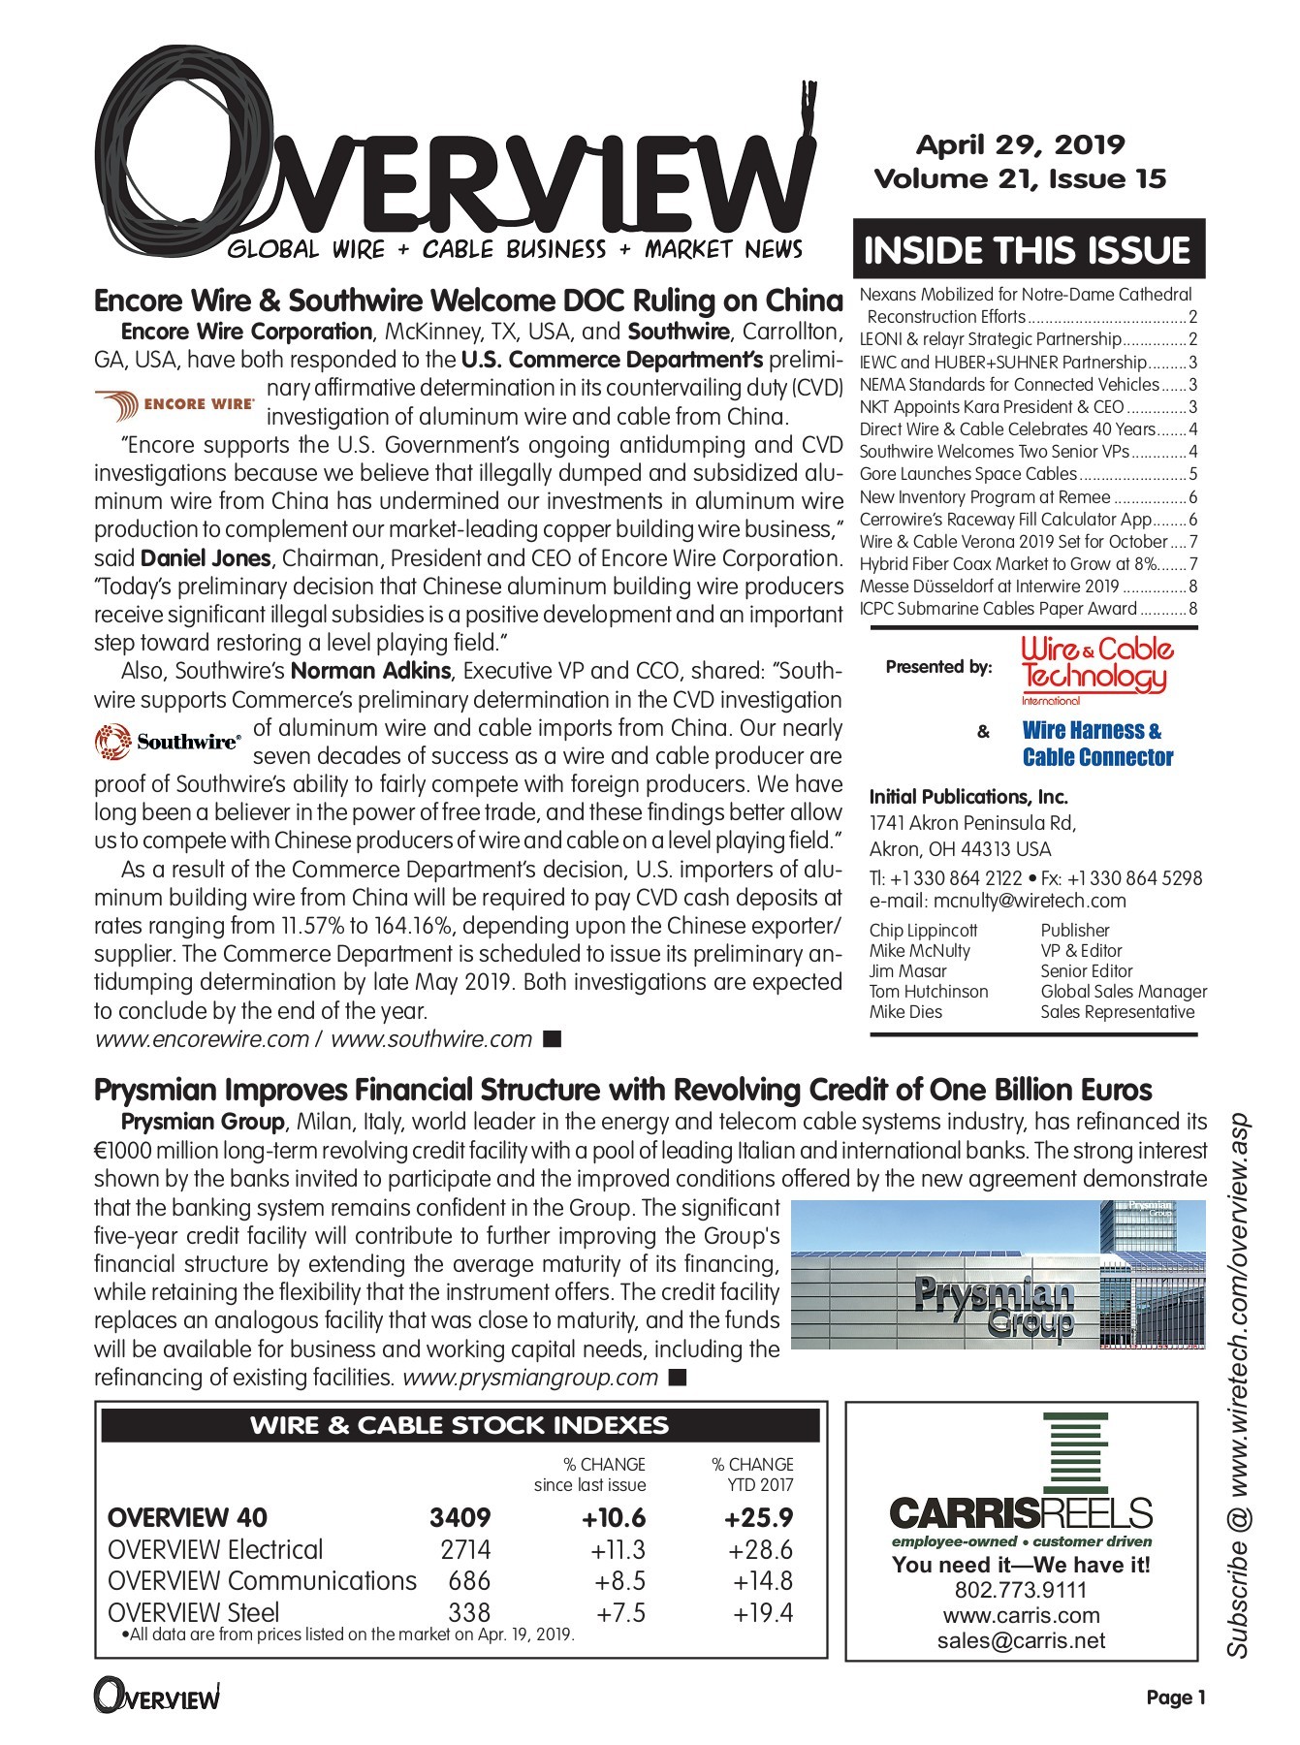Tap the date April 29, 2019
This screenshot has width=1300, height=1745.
click(x=1020, y=145)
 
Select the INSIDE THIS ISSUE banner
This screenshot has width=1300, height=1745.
click(x=1027, y=250)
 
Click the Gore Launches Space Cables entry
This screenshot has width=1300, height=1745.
click(x=967, y=474)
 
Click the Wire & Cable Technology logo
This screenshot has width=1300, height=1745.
click(x=1096, y=668)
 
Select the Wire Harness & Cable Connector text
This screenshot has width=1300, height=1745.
click(x=1096, y=745)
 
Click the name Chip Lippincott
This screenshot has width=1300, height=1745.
click(x=923, y=931)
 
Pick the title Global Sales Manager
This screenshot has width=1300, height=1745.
click(x=1124, y=992)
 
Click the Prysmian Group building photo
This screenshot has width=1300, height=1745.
click(x=999, y=1276)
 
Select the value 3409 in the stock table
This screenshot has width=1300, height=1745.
click(x=460, y=1518)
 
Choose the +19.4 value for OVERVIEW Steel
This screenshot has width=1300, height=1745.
click(x=763, y=1613)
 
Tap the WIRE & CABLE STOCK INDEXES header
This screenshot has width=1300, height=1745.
click(x=460, y=1426)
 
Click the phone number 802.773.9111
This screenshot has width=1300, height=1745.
click(x=1021, y=1591)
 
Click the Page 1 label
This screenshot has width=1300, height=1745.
click(x=1175, y=1697)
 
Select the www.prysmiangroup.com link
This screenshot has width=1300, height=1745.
click(x=530, y=1378)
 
